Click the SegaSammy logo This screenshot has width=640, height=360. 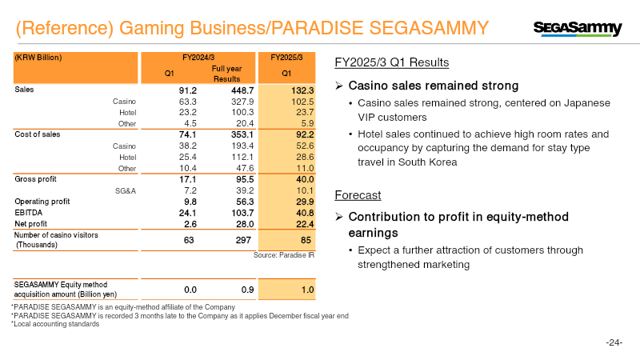[577, 29]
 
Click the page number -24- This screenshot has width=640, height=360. [614, 342]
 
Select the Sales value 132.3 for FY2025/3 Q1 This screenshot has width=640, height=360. [299, 90]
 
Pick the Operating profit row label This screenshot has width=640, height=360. [38, 202]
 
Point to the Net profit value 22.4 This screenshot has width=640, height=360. [301, 224]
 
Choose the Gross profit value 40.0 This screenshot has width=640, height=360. [301, 180]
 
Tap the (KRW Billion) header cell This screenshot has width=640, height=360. [38, 58]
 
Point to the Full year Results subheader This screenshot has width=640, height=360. [226, 74]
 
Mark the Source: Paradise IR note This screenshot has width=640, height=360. [283, 255]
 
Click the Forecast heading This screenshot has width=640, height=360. [358, 195]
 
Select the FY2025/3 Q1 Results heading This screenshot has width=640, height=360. [391, 62]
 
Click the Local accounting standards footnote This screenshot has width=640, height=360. [55, 323]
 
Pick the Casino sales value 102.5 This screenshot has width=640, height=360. [300, 102]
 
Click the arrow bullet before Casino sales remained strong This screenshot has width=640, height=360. [340, 86]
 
